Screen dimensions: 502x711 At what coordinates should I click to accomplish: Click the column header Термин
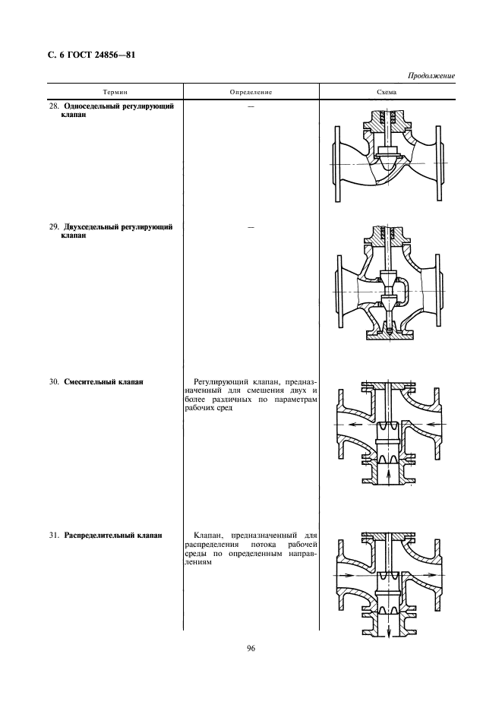pos(115,92)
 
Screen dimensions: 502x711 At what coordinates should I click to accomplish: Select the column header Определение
pos(251,92)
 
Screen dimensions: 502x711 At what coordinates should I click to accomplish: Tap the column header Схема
pos(387,92)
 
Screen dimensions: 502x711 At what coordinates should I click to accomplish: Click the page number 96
pos(251,649)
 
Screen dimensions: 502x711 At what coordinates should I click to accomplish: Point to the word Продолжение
pos(431,76)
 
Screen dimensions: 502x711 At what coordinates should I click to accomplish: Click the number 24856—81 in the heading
pos(116,55)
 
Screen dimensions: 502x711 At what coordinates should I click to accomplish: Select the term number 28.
pos(54,106)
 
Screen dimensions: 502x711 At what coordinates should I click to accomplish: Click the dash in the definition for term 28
pos(251,106)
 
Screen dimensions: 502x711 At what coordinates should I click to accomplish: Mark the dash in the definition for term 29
pos(251,227)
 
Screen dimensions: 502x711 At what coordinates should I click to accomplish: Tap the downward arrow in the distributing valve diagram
pos(389,630)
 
